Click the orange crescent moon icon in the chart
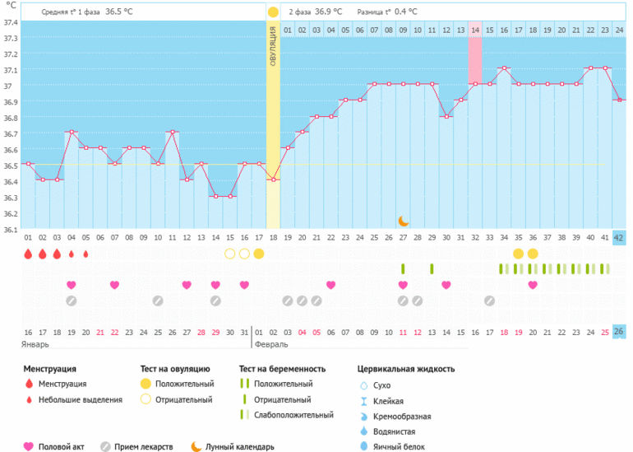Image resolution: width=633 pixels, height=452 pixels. pos(403,221)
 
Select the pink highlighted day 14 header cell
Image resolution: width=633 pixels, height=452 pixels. pos(475,30)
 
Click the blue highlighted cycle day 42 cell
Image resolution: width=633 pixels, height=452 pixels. pos(619,238)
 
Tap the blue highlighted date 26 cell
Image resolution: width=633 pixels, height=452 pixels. pos(619,332)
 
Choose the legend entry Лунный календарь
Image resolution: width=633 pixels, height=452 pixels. pos(239,447)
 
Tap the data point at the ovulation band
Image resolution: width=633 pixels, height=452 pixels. pos(273,179)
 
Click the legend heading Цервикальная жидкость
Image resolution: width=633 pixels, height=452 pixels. pos(406,369)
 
